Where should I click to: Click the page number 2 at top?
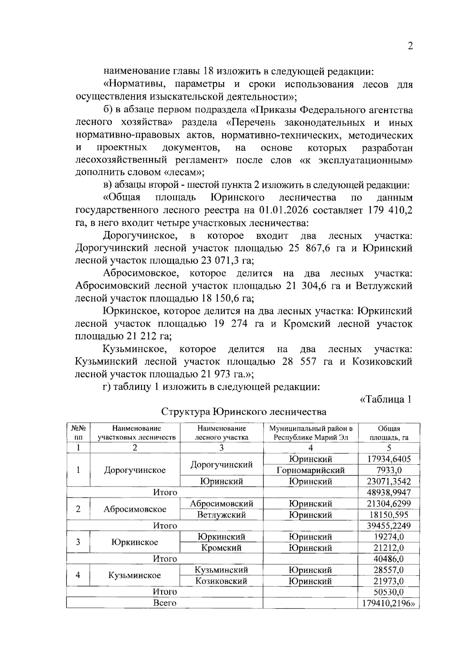[x=410, y=46]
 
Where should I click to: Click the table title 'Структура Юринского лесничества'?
[x=243, y=411]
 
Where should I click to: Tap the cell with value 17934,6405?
[x=389, y=459]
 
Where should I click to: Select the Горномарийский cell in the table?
[x=310, y=470]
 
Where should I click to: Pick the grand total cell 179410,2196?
[x=389, y=603]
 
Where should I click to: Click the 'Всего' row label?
[x=165, y=603]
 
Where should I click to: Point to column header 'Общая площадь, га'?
[x=389, y=433]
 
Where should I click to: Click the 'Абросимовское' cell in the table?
[x=135, y=509]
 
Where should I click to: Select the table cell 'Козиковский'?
[x=221, y=581]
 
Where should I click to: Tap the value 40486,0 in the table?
[x=389, y=559]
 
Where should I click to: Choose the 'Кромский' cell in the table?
[x=221, y=548]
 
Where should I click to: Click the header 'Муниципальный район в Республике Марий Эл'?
[x=310, y=433]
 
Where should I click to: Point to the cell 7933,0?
[x=389, y=470]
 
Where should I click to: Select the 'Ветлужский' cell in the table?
[x=221, y=514]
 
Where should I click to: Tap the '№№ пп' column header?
[x=78, y=433]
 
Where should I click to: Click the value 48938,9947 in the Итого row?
[x=389, y=492]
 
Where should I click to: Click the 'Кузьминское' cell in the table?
[x=135, y=575]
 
